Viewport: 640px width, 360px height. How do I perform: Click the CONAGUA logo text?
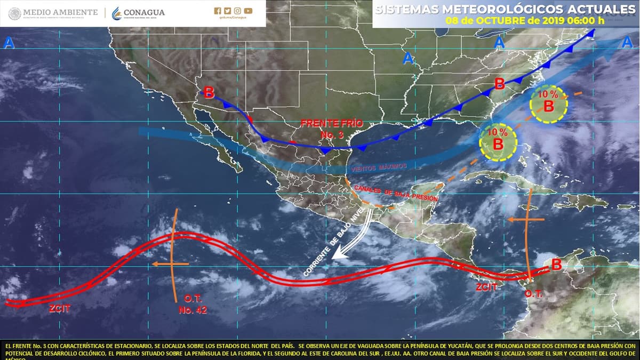tap(144, 12)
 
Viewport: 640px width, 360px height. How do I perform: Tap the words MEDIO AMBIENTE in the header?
tap(60, 12)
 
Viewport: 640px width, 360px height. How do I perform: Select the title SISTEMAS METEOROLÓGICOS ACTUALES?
tap(506, 10)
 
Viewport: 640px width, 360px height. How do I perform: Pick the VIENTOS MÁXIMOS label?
tap(379, 167)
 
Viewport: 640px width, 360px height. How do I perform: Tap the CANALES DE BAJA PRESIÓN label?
tap(396, 194)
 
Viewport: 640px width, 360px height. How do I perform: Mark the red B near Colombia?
tap(556, 264)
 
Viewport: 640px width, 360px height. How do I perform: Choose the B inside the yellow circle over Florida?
tap(498, 143)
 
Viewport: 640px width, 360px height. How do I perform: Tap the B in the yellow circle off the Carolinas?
tap(548, 106)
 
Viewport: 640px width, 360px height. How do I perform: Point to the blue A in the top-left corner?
tap(9, 43)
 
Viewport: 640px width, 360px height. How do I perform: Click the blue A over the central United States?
tap(408, 58)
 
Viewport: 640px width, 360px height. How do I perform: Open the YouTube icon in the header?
tap(249, 10)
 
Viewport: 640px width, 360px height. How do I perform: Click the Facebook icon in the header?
tap(217, 10)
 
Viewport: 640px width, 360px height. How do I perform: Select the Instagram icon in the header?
tap(238, 10)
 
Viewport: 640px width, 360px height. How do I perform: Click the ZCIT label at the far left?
tap(59, 308)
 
